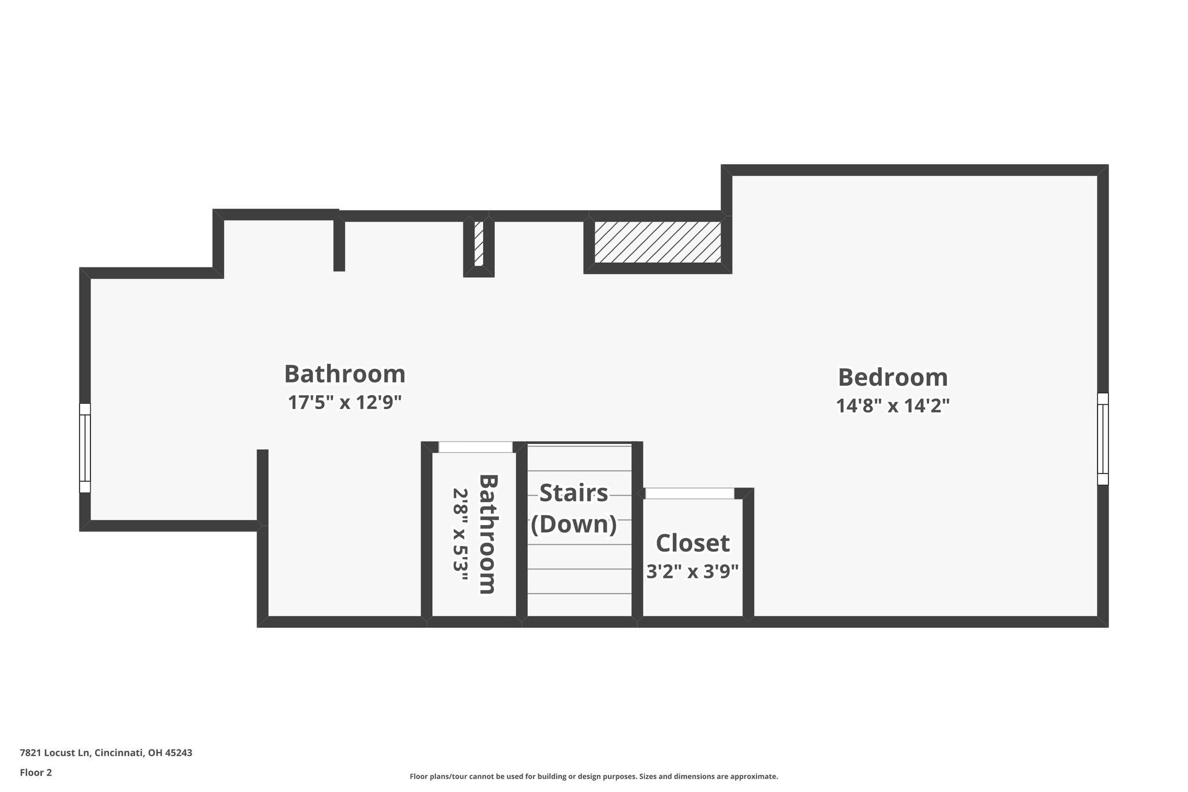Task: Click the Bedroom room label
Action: coord(893,377)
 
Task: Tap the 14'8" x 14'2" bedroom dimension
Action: coord(893,406)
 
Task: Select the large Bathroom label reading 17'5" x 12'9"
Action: coord(345,374)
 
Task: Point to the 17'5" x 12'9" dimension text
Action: coord(345,402)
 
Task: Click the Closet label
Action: coord(693,543)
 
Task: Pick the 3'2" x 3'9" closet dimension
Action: coord(693,572)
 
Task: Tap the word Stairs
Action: coord(574,493)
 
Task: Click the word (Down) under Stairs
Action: coord(574,524)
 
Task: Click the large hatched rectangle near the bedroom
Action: coord(658,242)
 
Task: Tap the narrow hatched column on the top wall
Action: coord(479,243)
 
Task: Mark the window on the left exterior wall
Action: coord(85,448)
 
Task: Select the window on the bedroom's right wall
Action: coord(1103,439)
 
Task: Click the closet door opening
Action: coord(690,493)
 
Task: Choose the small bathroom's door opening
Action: coord(476,447)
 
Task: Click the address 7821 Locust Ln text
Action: coord(55,753)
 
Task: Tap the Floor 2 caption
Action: coord(36,772)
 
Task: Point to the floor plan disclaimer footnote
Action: coord(594,776)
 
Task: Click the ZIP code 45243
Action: coord(179,753)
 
